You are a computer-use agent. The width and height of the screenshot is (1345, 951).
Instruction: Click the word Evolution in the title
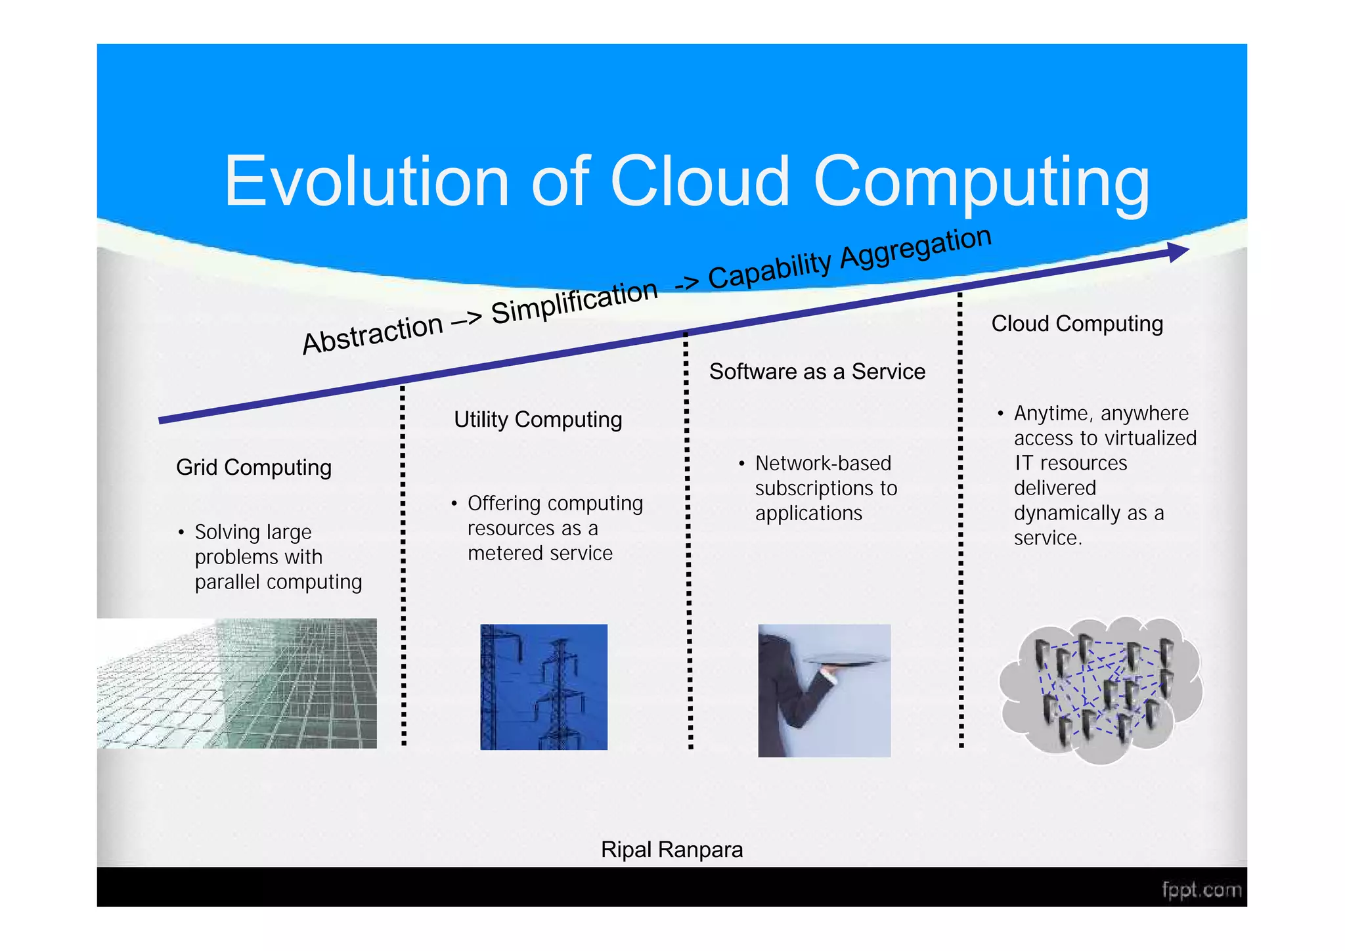point(366,181)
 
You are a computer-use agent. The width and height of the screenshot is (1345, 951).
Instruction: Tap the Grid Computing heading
point(254,468)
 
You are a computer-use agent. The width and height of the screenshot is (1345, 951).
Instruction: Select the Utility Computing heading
point(538,420)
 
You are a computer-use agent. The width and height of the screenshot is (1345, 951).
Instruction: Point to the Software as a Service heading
point(817,372)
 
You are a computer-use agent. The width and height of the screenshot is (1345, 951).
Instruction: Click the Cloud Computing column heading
point(1077,324)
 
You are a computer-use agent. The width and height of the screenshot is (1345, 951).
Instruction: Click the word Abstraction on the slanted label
point(372,334)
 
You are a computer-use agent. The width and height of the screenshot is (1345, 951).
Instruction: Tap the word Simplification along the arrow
point(574,301)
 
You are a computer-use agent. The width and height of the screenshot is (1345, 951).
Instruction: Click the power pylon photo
point(544,687)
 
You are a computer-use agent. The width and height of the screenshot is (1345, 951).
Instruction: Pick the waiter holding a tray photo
point(824,690)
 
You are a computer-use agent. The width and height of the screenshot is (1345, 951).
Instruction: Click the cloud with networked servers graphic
point(1101,690)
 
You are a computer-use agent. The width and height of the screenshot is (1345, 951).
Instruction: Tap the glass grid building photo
point(238,683)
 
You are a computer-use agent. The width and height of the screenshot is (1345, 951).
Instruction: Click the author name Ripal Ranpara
point(672,850)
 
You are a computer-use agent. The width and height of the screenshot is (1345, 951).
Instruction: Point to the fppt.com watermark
point(1201,890)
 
